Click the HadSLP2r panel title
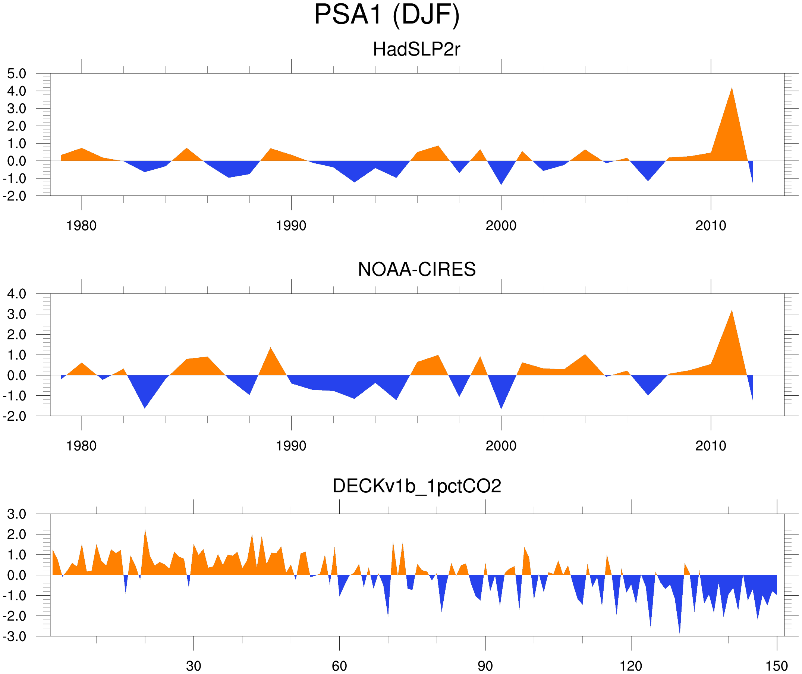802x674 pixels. click(x=416, y=49)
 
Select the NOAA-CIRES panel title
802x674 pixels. click(x=416, y=269)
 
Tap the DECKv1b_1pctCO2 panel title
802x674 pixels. click(x=416, y=486)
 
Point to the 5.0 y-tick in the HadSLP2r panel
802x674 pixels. click(x=16, y=74)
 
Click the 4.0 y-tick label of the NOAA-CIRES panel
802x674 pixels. click(x=16, y=294)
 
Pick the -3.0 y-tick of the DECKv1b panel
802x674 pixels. click(x=15, y=637)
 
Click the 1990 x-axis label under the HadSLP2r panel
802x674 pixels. click(x=291, y=226)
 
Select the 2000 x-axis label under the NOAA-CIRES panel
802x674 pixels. click(x=501, y=446)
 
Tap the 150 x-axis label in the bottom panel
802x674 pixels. click(x=776, y=666)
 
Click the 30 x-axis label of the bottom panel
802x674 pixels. click(x=193, y=666)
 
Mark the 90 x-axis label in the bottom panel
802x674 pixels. click(x=485, y=666)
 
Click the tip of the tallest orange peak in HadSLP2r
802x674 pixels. click(x=732, y=88)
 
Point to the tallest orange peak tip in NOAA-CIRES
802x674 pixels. click(x=732, y=310)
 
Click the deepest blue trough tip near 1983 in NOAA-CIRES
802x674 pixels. click(x=145, y=408)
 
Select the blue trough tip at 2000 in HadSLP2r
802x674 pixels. click(x=501, y=185)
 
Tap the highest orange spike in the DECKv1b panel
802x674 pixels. click(x=145, y=530)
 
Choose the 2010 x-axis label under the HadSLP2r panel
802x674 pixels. click(x=710, y=226)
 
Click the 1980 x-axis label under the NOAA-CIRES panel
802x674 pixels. click(x=81, y=446)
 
